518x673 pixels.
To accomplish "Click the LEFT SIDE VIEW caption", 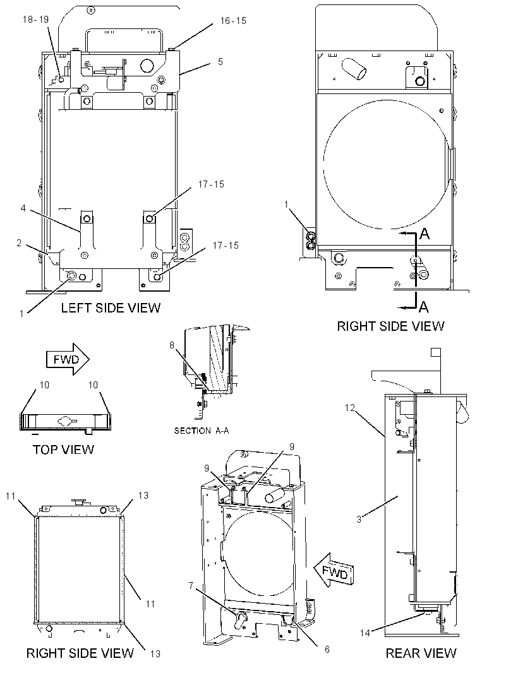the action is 111,307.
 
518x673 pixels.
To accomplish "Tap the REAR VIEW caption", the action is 421,653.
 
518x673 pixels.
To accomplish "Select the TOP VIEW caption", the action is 64,450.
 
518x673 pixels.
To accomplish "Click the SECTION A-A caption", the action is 202,431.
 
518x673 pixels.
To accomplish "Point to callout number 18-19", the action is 35,20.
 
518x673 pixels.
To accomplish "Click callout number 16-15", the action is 233,21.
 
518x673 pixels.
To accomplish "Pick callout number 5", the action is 220,62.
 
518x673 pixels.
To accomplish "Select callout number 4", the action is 23,208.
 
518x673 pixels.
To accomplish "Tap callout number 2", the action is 19,243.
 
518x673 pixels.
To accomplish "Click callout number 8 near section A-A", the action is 172,345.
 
